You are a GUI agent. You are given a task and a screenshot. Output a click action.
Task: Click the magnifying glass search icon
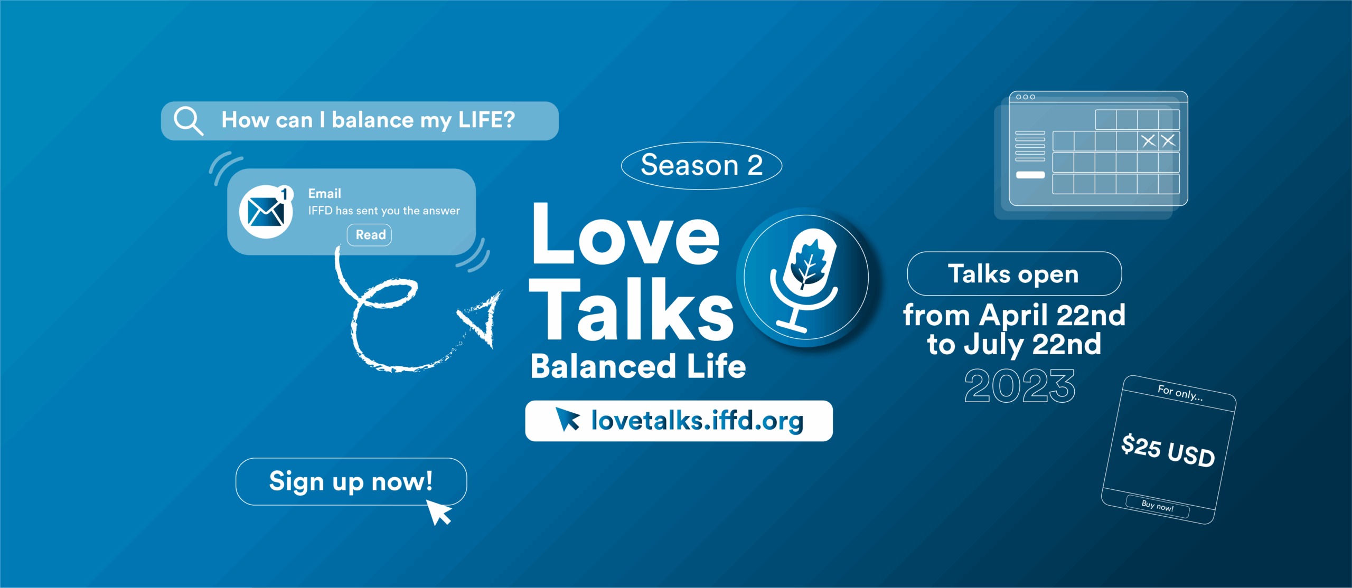[x=189, y=121]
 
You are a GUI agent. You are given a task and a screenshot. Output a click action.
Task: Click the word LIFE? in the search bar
[x=486, y=120]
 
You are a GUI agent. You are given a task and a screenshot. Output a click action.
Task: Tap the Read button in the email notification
[x=370, y=235]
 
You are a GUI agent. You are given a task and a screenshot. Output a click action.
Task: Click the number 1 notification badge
[x=285, y=194]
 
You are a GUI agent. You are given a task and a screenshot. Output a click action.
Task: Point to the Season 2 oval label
[x=701, y=166]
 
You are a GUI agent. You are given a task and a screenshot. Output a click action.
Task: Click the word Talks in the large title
[x=632, y=309]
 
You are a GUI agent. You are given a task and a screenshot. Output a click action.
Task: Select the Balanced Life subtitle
[x=638, y=366]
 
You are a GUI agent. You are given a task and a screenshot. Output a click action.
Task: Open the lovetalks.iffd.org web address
[x=697, y=421]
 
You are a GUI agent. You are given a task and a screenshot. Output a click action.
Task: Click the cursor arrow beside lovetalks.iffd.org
[x=568, y=419]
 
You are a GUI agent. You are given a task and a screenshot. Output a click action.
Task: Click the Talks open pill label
[x=1014, y=274]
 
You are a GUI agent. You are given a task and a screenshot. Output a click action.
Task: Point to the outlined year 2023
[x=1020, y=386]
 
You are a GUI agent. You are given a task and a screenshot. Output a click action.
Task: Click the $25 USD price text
[x=1168, y=450]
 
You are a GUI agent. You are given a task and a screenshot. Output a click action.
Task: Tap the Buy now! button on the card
[x=1158, y=506]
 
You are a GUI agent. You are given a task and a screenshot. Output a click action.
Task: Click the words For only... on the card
[x=1180, y=393]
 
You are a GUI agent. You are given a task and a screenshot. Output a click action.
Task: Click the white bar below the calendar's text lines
[x=1030, y=175]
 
